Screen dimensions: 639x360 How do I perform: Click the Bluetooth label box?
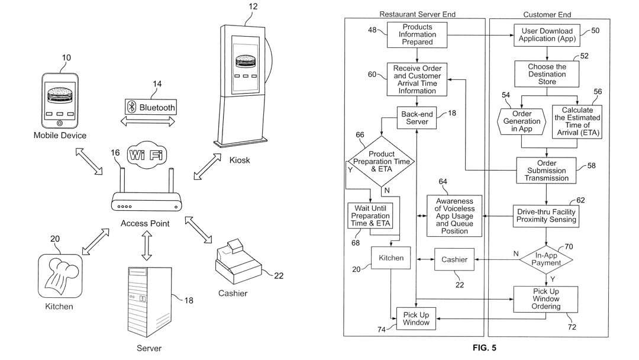point(151,107)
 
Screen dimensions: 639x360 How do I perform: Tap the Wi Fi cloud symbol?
point(147,155)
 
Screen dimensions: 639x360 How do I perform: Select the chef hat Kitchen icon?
point(60,276)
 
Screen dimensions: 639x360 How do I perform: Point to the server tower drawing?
point(150,301)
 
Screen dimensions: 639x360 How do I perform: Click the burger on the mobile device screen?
point(60,96)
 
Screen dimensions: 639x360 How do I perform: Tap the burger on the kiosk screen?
point(246,62)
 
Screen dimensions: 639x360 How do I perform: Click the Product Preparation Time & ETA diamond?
point(381,162)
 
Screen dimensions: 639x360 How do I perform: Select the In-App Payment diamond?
point(546,259)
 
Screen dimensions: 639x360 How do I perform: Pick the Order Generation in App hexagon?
point(522,121)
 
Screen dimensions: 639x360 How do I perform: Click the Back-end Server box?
point(417,118)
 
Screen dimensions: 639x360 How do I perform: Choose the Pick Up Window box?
point(416,319)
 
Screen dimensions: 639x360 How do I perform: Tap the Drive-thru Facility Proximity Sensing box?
point(546,216)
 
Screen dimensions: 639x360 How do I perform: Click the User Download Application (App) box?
point(547,35)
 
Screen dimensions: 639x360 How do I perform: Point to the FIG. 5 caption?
point(484,348)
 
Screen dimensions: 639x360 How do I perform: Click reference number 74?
point(382,329)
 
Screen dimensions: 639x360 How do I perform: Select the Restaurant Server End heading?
point(417,14)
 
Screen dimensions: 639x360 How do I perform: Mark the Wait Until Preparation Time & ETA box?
point(370,216)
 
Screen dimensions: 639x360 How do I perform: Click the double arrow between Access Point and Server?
point(147,246)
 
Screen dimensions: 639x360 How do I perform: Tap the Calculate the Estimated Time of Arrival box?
point(577,121)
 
